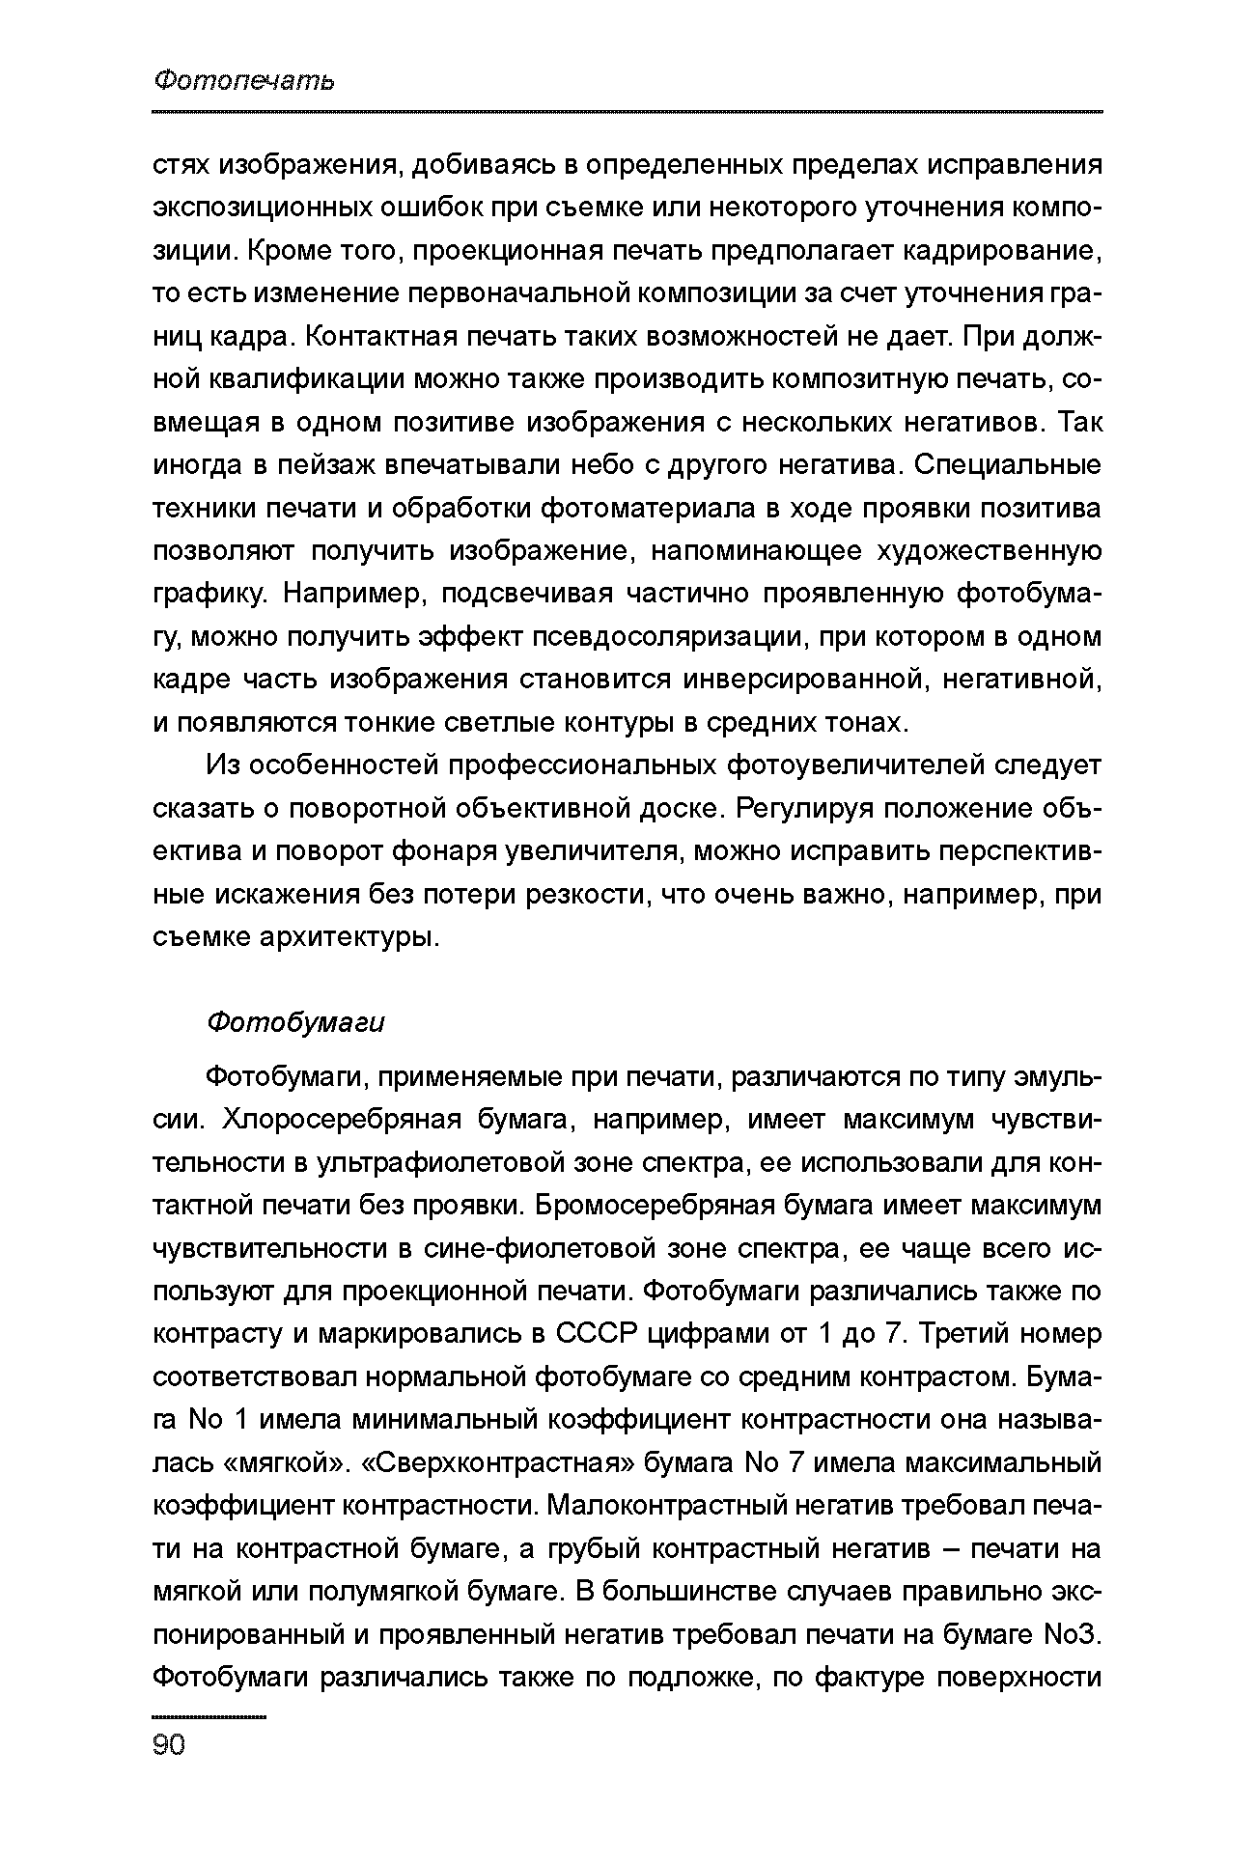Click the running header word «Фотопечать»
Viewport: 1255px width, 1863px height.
(244, 80)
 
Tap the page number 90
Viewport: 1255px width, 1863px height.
(169, 1745)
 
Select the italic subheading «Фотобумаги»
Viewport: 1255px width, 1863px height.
(295, 1023)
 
